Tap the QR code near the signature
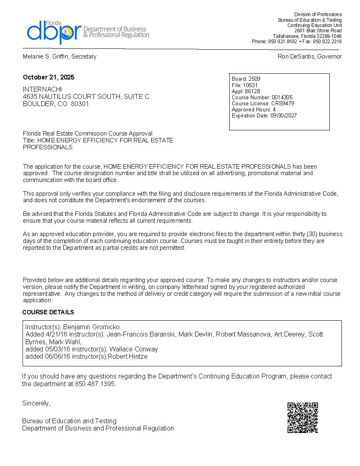303,418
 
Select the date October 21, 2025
48,77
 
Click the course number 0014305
282,97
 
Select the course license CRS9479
282,103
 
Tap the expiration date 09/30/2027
283,116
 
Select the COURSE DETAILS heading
48,312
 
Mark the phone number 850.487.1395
95,384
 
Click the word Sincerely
36,403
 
